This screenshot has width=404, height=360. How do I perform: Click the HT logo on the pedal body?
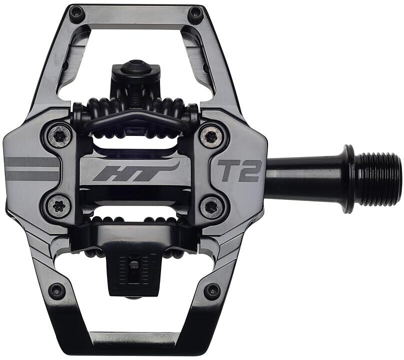coord(135,171)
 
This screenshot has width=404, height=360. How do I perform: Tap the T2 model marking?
coord(239,170)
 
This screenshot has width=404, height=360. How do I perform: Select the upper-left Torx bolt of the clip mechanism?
coord(59,136)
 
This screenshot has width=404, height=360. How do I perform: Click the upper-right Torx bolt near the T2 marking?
coord(212,136)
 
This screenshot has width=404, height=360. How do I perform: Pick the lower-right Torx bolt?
coord(211,207)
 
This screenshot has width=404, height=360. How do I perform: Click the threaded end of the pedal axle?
coord(379,179)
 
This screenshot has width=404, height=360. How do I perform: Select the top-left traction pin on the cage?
coord(77,12)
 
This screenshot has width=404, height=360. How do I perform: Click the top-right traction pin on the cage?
coord(195,12)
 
